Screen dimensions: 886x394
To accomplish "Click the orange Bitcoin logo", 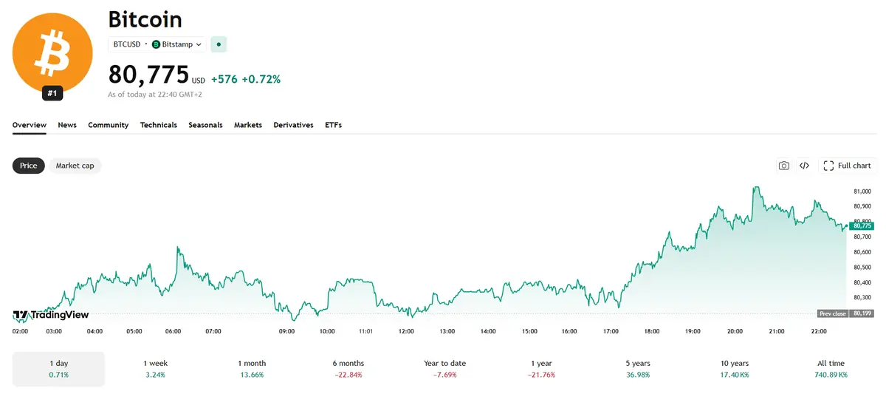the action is (x=52, y=52).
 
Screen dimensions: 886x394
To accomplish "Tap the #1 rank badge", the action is (x=52, y=93).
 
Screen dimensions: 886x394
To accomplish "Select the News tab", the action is (x=67, y=125).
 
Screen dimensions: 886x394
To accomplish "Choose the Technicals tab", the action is (x=159, y=125).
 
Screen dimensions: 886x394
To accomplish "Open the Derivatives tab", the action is (x=294, y=125).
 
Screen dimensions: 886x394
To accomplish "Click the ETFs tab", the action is (x=334, y=125).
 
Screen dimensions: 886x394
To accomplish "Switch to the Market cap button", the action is (x=75, y=166).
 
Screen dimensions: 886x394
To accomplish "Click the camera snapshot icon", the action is (x=784, y=166).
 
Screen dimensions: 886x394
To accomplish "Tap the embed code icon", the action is (x=804, y=166).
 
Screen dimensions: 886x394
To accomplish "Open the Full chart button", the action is (x=848, y=166).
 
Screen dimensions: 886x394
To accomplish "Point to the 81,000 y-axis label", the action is (x=862, y=191).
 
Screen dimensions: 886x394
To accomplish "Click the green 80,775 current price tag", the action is (x=862, y=225).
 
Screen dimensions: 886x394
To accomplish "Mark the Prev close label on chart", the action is (x=833, y=313).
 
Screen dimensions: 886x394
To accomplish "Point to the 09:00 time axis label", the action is (x=286, y=331).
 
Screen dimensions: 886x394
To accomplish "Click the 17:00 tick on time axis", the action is (x=611, y=331).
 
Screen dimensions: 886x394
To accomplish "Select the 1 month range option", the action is (x=252, y=369).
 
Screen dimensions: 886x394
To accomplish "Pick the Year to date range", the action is (x=445, y=369).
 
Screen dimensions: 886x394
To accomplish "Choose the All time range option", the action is (x=831, y=369).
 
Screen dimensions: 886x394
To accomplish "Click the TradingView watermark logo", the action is (x=51, y=315).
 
